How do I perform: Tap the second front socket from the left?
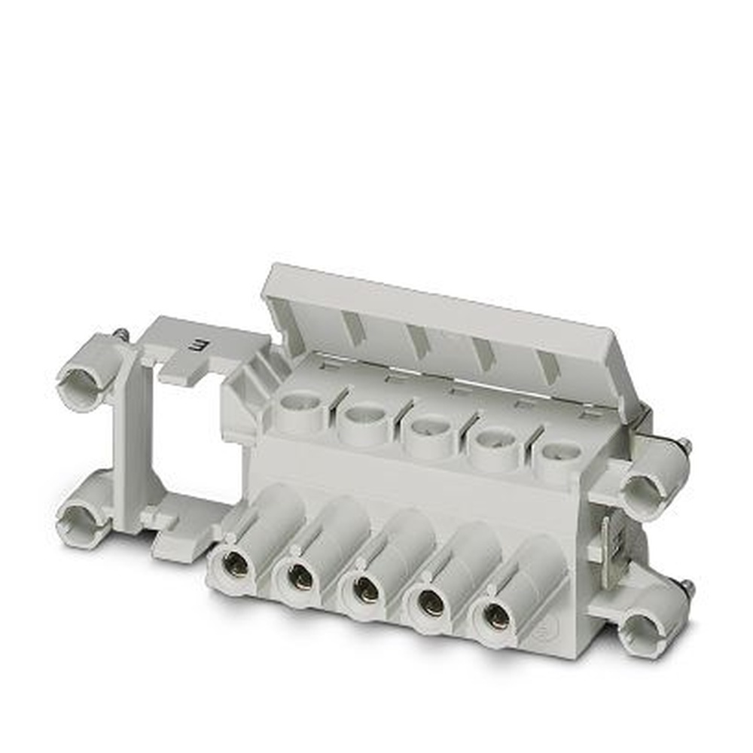coord(300,578)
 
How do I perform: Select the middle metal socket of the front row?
coord(366,590)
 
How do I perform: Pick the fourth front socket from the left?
coord(431,602)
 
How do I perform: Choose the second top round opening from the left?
coord(366,415)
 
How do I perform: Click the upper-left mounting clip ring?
coord(82,382)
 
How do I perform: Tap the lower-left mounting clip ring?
coord(81,520)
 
